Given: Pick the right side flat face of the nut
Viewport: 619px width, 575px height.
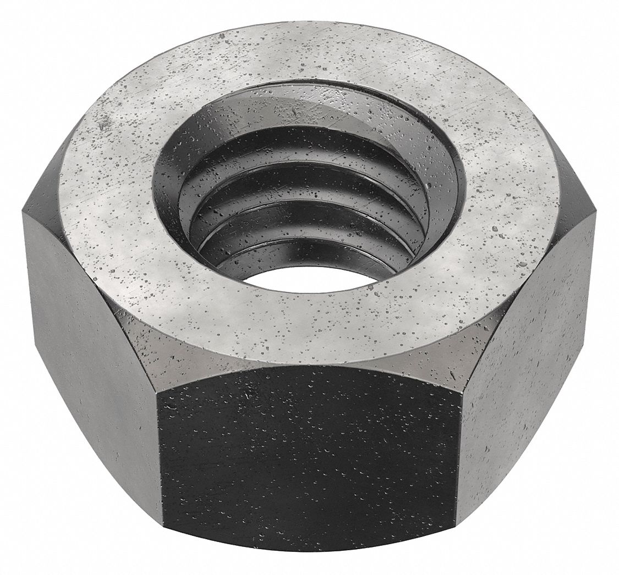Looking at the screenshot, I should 528,352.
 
